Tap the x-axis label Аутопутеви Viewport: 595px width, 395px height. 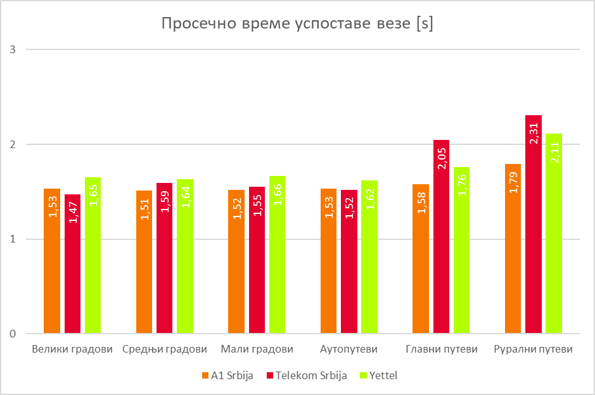(x=349, y=349)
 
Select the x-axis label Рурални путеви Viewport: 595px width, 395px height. (x=533, y=349)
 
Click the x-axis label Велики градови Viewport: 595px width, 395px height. (x=72, y=349)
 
